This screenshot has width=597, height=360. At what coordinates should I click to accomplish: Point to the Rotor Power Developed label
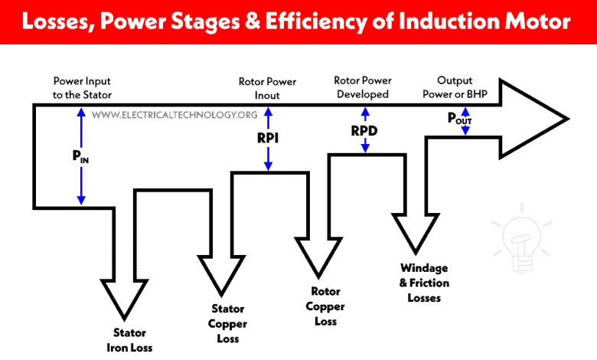tap(361, 87)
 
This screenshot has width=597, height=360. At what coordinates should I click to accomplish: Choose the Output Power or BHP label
tap(465, 87)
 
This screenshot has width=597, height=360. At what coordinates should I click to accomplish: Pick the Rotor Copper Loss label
tap(326, 306)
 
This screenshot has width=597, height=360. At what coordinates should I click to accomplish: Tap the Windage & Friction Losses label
tap(425, 283)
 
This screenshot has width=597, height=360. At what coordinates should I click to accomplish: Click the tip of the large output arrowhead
tap(566, 119)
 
